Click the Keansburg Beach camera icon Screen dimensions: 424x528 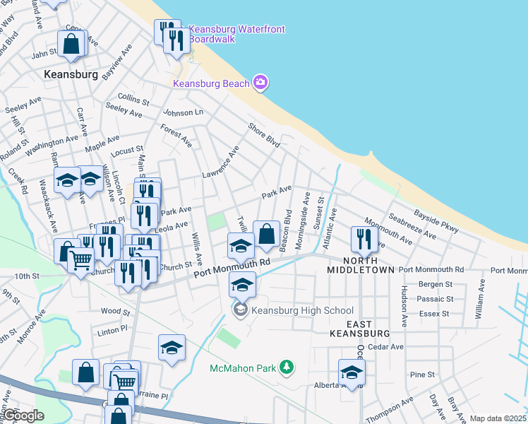(x=260, y=83)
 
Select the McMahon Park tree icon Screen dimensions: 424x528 (x=287, y=367)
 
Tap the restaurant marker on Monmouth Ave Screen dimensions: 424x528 (x=364, y=238)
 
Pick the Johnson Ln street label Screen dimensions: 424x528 (x=183, y=112)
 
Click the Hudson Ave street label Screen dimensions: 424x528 (x=404, y=306)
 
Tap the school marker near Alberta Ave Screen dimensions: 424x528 (x=351, y=372)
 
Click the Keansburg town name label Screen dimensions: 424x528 (x=70, y=73)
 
